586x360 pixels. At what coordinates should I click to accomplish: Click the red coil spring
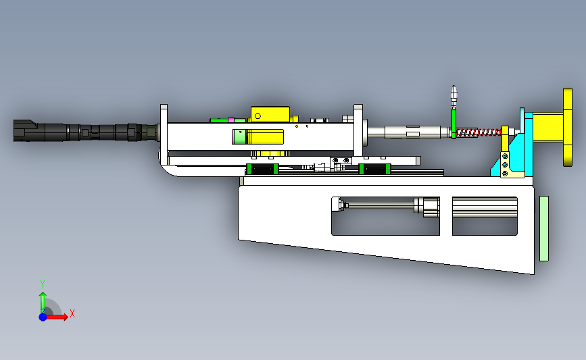479,132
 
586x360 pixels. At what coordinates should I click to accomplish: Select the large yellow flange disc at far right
568,128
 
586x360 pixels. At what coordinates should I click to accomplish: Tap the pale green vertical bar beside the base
544,228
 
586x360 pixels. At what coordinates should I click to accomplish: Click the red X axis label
72,313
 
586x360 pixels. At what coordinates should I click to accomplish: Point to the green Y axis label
43,284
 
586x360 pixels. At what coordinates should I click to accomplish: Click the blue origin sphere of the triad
43,317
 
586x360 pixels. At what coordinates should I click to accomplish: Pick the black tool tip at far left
24,131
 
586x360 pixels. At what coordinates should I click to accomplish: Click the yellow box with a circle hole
270,114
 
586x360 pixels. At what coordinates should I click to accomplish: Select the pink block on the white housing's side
235,137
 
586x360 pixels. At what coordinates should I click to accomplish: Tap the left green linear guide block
262,169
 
